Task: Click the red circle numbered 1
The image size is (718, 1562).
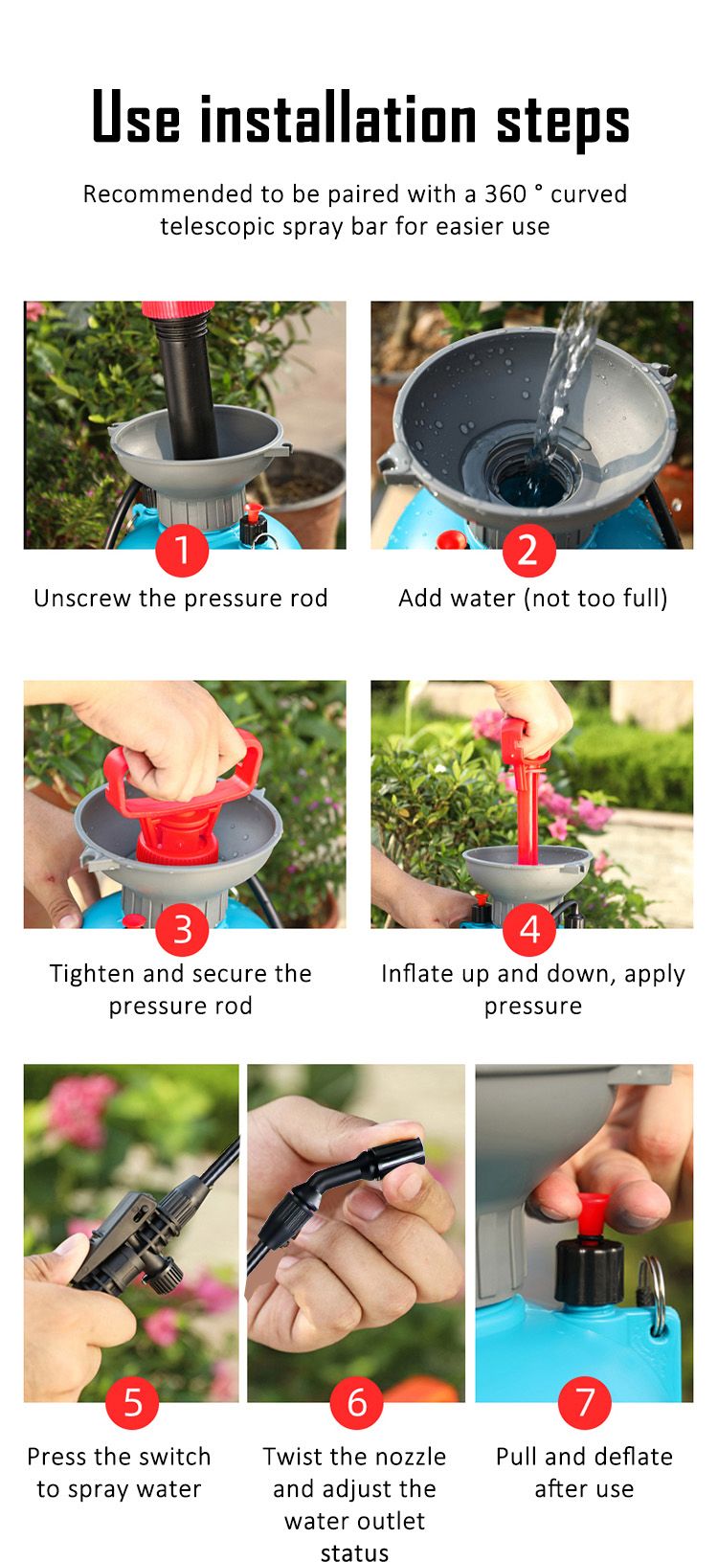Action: pyautogui.click(x=182, y=552)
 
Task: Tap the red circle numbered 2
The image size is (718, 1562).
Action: pyautogui.click(x=528, y=552)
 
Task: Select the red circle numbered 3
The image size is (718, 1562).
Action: pyautogui.click(x=182, y=930)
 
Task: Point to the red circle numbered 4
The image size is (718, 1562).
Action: pyautogui.click(x=529, y=930)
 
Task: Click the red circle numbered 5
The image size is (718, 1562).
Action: pyautogui.click(x=132, y=1403)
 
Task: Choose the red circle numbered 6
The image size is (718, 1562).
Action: pyautogui.click(x=356, y=1403)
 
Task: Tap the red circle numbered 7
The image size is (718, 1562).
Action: pyautogui.click(x=584, y=1403)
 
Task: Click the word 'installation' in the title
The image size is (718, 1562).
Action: pyautogui.click(x=339, y=121)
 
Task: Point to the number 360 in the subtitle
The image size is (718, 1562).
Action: pyautogui.click(x=505, y=194)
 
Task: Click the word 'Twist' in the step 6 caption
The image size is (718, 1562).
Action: pyautogui.click(x=293, y=1457)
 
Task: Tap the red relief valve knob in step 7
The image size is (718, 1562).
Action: pyautogui.click(x=594, y=1211)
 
